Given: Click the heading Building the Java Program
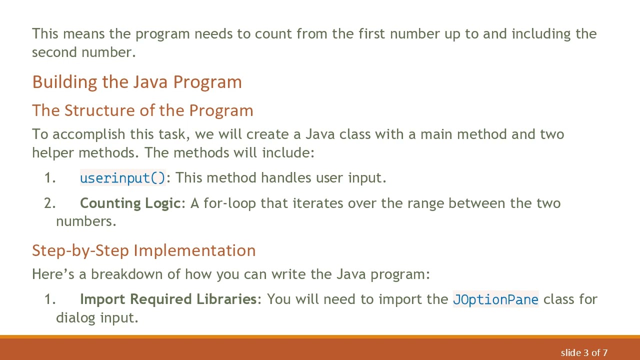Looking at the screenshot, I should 137,82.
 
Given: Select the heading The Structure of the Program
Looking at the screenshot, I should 142,110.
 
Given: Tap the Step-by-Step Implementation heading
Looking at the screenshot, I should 143,250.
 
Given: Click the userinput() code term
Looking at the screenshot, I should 122,178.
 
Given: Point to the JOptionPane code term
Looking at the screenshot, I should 495,299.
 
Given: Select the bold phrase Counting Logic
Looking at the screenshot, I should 130,203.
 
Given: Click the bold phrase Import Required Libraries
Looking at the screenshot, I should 168,299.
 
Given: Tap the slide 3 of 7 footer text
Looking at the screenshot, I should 584,353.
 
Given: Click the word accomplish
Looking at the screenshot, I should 89,134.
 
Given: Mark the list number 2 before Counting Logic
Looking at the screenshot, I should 49,203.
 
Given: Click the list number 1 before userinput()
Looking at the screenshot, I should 49,178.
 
